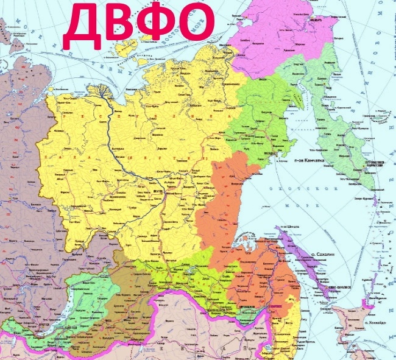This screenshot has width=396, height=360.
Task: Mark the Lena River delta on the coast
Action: (x=100, y=91)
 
